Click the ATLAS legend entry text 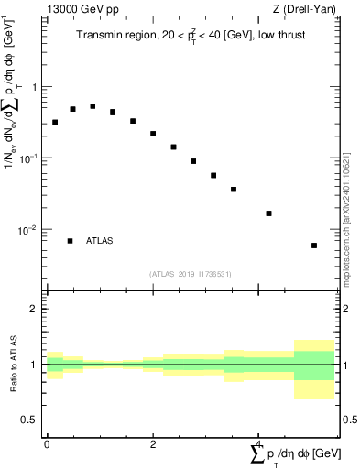100,241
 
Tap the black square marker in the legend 70,241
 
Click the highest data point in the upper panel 93,106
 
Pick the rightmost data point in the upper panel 314,245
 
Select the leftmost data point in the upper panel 55,122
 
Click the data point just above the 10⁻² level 268,213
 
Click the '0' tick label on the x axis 47,443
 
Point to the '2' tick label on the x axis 153,443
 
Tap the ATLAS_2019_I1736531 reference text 191,274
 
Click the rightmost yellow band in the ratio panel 314,391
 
